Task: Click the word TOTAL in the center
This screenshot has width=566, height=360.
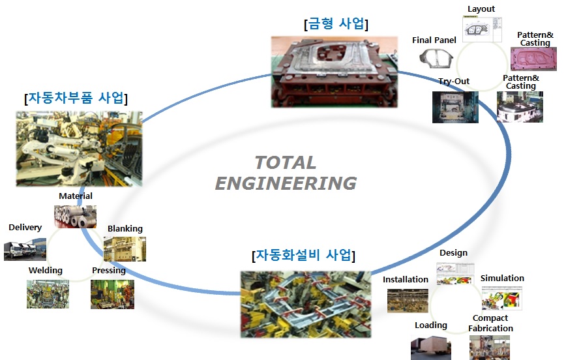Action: pyautogui.click(x=286, y=162)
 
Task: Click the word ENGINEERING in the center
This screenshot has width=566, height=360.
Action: pyautogui.click(x=286, y=183)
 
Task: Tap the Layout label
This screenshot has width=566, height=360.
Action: pyautogui.click(x=481, y=9)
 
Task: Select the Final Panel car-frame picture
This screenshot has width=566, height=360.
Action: pyautogui.click(x=436, y=58)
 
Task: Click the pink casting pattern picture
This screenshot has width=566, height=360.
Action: pyautogui.click(x=533, y=59)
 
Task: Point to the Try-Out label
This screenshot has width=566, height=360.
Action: pyautogui.click(x=454, y=82)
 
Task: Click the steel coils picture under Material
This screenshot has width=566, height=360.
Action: pyautogui.click(x=75, y=217)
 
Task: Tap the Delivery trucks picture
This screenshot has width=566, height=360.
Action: pyautogui.click(x=25, y=249)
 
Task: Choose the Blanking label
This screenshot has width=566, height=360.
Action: pyautogui.click(x=125, y=228)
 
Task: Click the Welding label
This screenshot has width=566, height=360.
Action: pyautogui.click(x=46, y=271)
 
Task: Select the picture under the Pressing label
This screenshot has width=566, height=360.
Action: pyautogui.click(x=112, y=294)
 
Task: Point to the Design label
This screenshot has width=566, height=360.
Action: pyautogui.click(x=453, y=253)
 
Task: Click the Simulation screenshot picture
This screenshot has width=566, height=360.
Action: pyautogui.click(x=501, y=298)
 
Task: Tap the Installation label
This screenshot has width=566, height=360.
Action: pyautogui.click(x=406, y=280)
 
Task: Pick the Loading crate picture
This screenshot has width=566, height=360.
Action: pyautogui.click(x=430, y=348)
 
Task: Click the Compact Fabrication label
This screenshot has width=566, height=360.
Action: pyautogui.click(x=490, y=323)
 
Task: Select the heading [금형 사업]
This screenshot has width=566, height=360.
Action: pyautogui.click(x=336, y=24)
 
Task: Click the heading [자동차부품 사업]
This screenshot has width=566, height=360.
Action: pyautogui.click(x=76, y=98)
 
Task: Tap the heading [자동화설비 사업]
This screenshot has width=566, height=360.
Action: pyautogui.click(x=304, y=255)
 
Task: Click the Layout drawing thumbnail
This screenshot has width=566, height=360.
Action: pyautogui.click(x=482, y=29)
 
